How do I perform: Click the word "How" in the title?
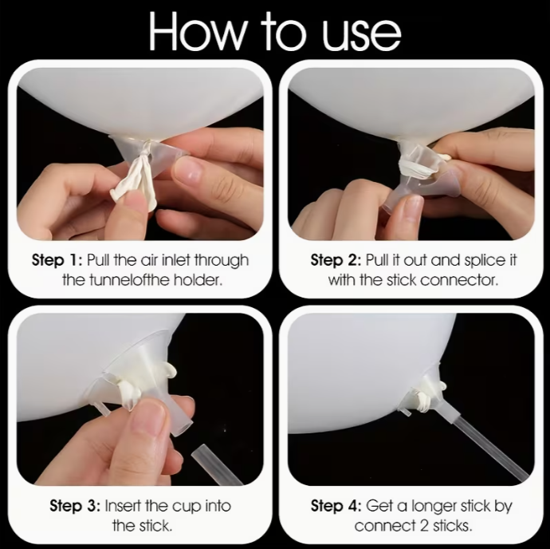(196, 32)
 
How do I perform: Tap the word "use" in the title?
(361, 36)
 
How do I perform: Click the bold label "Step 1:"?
(57, 260)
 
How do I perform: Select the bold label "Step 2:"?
(336, 260)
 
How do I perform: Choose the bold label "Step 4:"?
(336, 506)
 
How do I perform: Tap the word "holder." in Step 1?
(198, 280)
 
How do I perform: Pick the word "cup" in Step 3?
(187, 508)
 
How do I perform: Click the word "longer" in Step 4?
(434, 507)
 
